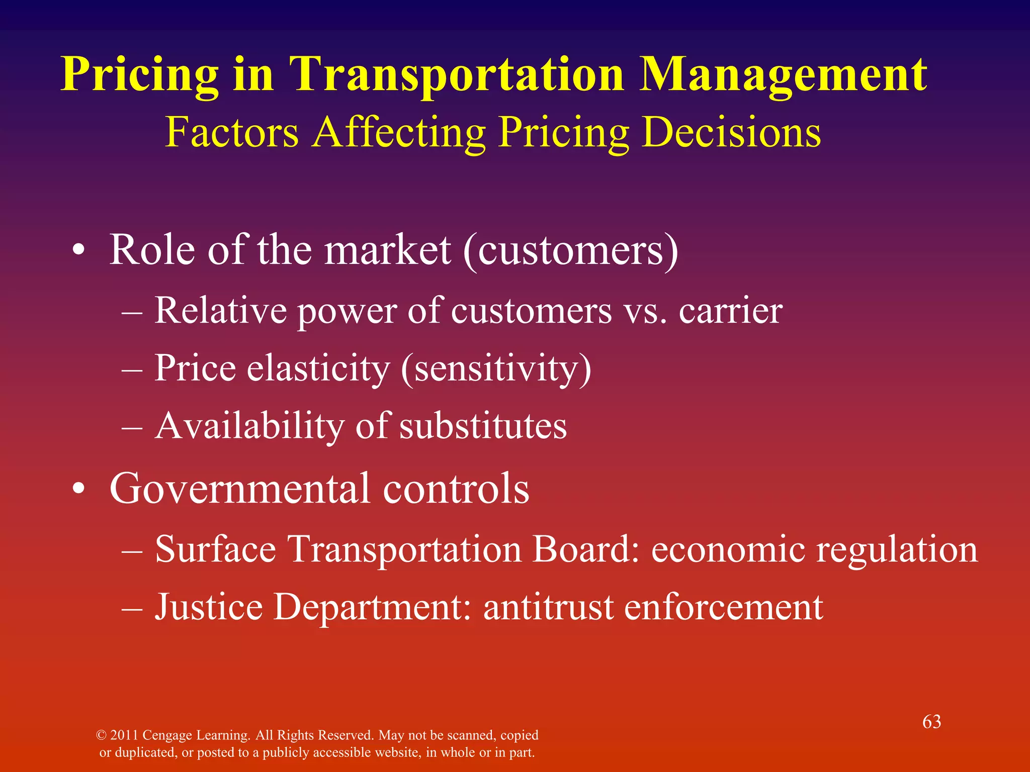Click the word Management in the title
point(784,74)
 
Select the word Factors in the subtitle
point(232,132)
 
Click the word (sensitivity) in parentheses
point(496,368)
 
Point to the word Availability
point(249,426)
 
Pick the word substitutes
point(483,426)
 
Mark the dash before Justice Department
point(132,608)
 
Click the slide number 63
point(931,722)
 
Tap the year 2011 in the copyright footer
point(124,735)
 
